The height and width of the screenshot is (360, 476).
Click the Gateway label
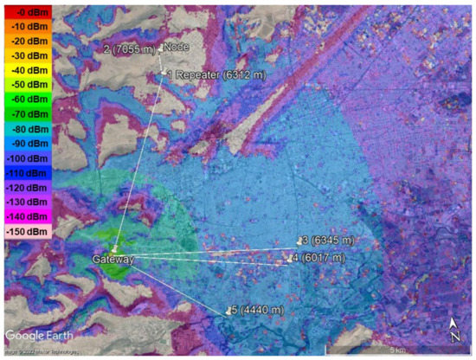click(113, 259)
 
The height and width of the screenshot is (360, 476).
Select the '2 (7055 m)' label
click(129, 48)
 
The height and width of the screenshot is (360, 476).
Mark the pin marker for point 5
click(228, 309)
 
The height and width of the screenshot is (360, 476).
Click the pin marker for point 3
click(300, 241)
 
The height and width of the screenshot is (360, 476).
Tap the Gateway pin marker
click(114, 249)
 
